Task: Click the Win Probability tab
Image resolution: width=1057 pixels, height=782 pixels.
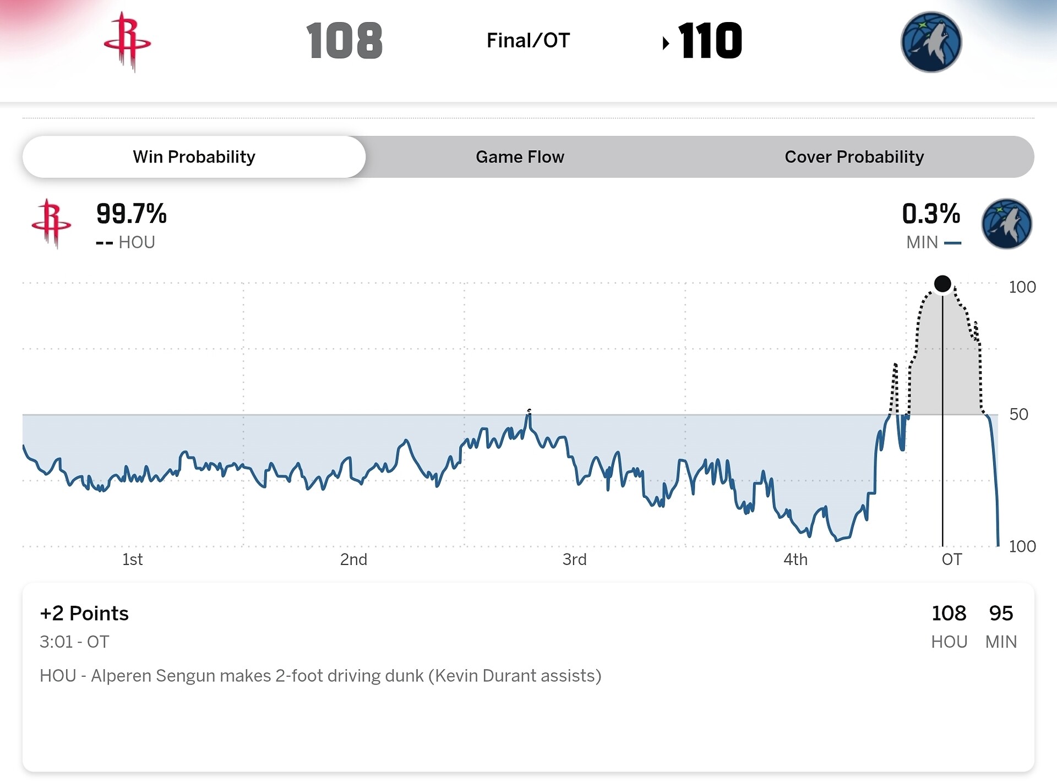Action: [x=194, y=157]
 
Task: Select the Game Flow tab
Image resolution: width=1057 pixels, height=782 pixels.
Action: [x=520, y=157]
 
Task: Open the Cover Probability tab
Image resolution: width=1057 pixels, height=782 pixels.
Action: [x=854, y=157]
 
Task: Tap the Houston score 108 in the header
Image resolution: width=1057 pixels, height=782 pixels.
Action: [x=345, y=41]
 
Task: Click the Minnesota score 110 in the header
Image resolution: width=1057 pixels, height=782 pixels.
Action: [x=710, y=41]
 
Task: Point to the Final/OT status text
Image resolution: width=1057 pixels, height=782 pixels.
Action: [x=528, y=41]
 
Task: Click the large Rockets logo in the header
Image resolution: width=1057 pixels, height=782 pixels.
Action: [x=127, y=42]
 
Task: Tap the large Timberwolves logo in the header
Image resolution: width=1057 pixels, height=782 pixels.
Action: [x=931, y=42]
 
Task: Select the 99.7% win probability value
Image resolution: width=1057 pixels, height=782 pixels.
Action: [x=131, y=214]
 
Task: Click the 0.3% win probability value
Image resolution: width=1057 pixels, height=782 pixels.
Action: [x=931, y=214]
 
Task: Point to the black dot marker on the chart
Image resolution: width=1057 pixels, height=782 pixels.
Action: [x=942, y=284]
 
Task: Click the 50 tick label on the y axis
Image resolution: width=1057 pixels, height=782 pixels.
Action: [x=1018, y=414]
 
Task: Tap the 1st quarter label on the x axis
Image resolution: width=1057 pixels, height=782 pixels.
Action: [x=132, y=560]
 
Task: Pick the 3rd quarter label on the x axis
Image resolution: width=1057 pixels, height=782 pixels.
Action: [x=574, y=560]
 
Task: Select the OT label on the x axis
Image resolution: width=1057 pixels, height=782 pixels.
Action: [x=952, y=560]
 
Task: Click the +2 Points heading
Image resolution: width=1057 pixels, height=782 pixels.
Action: [x=84, y=613]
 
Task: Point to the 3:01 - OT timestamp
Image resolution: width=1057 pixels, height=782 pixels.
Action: [x=74, y=642]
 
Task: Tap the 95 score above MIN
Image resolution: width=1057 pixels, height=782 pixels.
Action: [x=1001, y=613]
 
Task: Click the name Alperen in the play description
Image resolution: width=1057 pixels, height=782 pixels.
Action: [x=121, y=676]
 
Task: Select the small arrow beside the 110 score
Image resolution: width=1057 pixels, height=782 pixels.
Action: [x=666, y=43]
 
